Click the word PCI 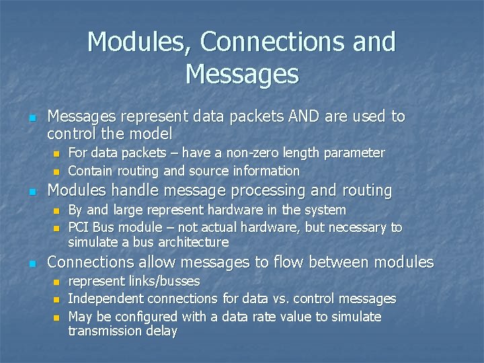(79, 227)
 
